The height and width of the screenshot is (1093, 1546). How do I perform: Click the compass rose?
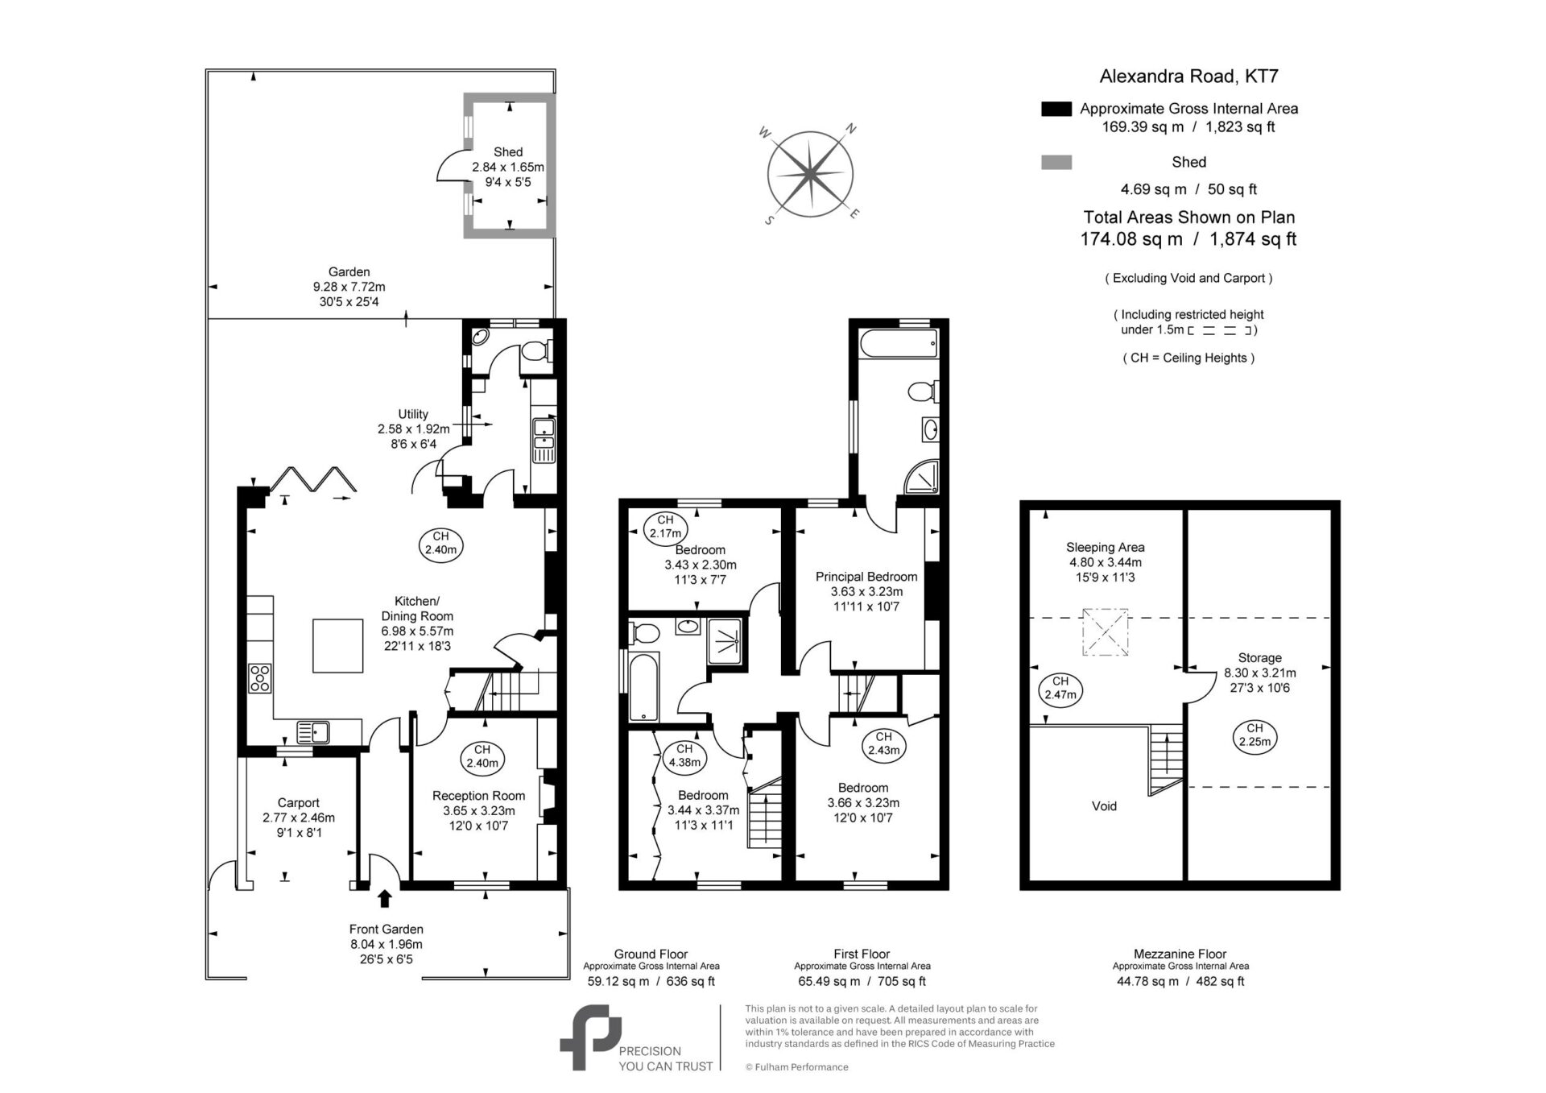pos(810,174)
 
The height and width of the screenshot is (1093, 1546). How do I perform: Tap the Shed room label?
pos(508,151)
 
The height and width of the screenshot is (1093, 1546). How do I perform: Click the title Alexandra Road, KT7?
pos(1188,77)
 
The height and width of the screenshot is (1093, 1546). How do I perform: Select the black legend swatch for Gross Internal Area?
pos(1056,109)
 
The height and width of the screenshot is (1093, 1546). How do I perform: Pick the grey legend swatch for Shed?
pos(1056,163)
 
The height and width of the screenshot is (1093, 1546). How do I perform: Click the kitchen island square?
pos(338,645)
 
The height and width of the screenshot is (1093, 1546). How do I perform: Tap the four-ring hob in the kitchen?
pos(260,678)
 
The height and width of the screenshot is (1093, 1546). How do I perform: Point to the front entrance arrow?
pos(385,898)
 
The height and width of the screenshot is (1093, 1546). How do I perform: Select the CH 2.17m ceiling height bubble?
pos(665,527)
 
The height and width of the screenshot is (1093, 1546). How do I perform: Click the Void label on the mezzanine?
pos(1104,806)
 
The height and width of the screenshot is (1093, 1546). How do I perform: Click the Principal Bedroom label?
pos(866,577)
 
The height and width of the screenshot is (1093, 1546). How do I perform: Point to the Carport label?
pos(298,803)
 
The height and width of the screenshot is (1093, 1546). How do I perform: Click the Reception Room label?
pos(478,796)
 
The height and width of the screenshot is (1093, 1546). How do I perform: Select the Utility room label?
pos(413,415)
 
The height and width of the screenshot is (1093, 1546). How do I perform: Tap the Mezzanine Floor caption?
pos(1180,954)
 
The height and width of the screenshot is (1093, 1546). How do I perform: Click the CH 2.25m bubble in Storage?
pos(1255,736)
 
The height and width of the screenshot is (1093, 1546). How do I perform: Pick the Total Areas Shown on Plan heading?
pos(1188,217)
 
